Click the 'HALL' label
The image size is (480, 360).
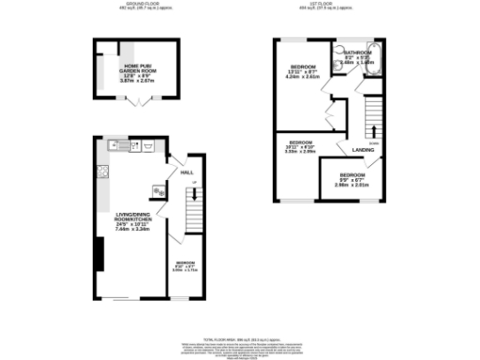[x=186, y=172]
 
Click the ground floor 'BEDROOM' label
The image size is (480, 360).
[x=186, y=262]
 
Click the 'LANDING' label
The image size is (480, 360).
[x=364, y=150]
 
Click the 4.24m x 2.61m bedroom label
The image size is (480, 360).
[x=302, y=72]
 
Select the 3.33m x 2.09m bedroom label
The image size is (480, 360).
[x=298, y=146]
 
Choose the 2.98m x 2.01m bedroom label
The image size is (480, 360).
[x=352, y=179]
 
